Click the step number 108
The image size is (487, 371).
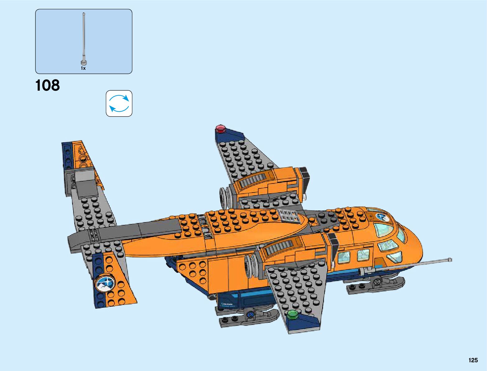(x=48, y=85)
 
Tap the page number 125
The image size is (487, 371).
(x=473, y=360)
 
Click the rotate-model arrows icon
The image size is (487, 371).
(x=119, y=103)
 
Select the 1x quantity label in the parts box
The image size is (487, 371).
(x=83, y=68)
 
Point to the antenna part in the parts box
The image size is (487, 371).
(x=83, y=37)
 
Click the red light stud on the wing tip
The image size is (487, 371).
(x=220, y=128)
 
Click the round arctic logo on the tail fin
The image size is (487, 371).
(x=105, y=284)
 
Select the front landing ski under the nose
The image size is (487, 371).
(x=377, y=284)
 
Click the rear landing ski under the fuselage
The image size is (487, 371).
(x=249, y=315)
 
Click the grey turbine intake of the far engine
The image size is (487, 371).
(x=225, y=197)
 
